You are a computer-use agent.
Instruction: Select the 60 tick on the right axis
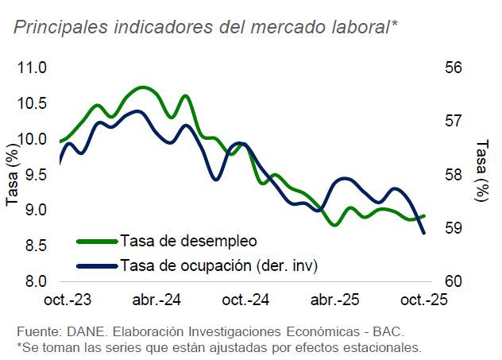pyautogui.click(x=454, y=281)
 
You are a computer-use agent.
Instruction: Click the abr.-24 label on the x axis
pyautogui.click(x=156, y=301)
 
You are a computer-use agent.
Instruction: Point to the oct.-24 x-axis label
pyautogui.click(x=245, y=301)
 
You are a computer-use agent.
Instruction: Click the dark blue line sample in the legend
pyautogui.click(x=97, y=265)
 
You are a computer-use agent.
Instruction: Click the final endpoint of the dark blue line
pyautogui.click(x=424, y=233)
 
